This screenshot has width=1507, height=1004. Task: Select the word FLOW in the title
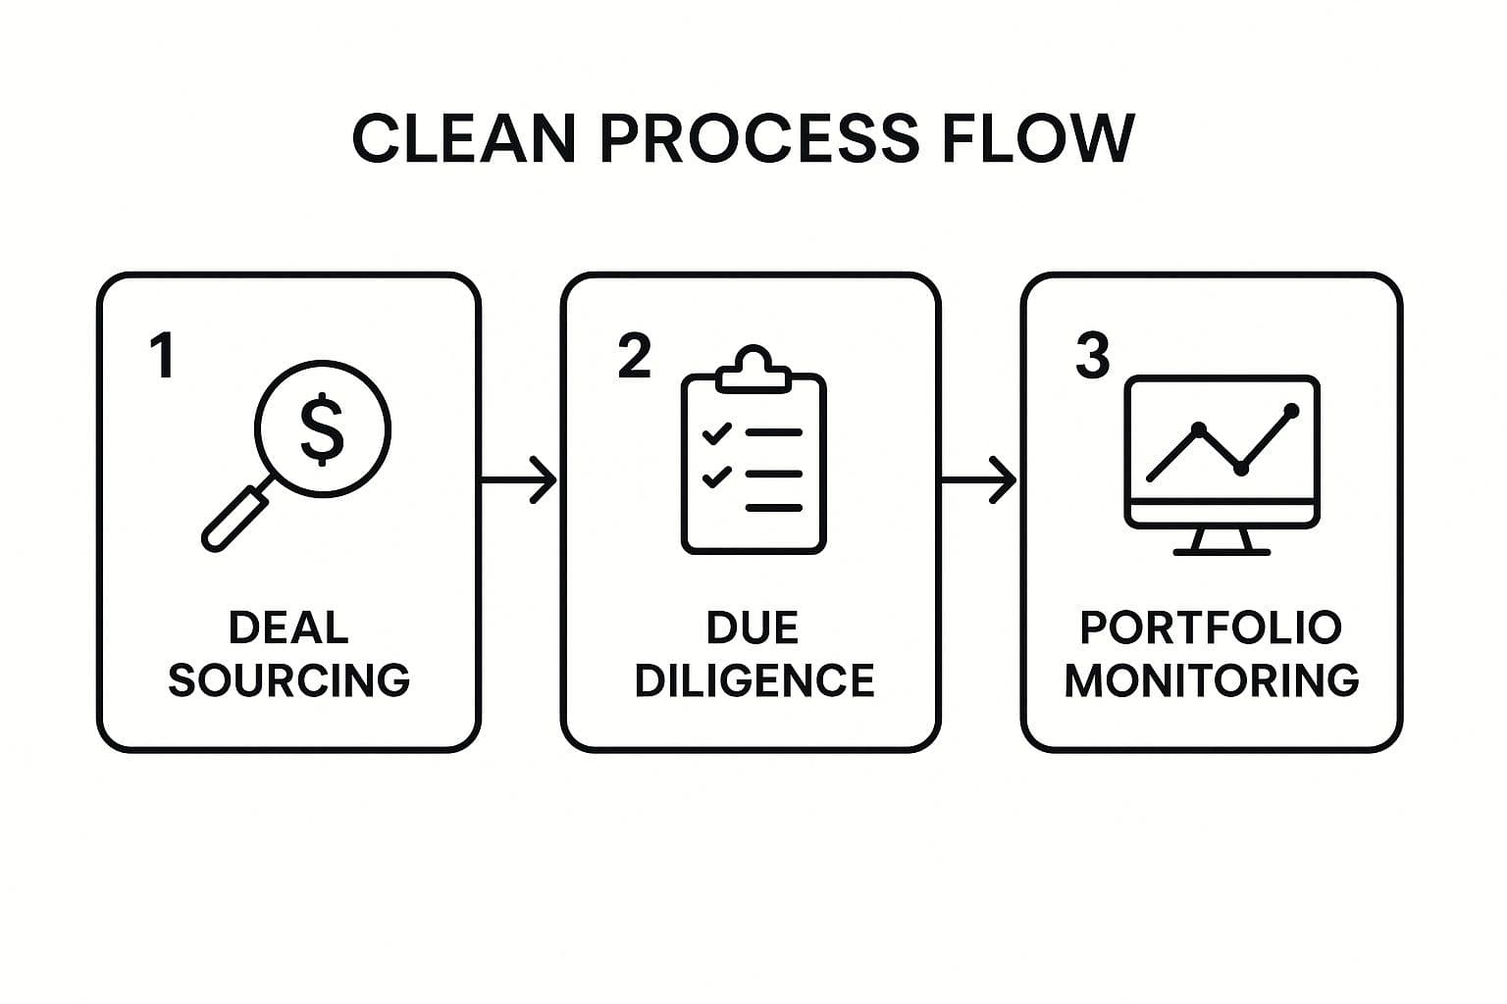tap(1038, 138)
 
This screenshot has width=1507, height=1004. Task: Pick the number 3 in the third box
tap(1092, 355)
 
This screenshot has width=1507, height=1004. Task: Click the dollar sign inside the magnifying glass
tap(322, 428)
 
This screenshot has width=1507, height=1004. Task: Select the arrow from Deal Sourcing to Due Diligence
tap(519, 479)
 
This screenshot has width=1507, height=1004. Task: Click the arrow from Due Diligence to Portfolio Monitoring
tap(978, 479)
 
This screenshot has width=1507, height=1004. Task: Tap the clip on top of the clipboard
tap(753, 371)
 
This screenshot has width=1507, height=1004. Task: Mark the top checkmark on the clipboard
tap(717, 431)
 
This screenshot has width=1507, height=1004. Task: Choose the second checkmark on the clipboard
tap(717, 477)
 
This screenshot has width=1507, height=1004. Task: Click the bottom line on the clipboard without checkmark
tap(774, 508)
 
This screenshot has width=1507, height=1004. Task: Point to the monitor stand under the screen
tap(1221, 542)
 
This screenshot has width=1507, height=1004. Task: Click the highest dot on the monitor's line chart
tap(1291, 411)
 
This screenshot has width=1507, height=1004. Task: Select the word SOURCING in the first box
tap(288, 679)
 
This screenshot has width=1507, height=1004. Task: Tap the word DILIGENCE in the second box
tap(753, 679)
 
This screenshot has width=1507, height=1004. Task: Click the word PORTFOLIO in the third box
tap(1211, 627)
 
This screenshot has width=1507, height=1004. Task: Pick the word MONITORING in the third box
tap(1212, 679)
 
